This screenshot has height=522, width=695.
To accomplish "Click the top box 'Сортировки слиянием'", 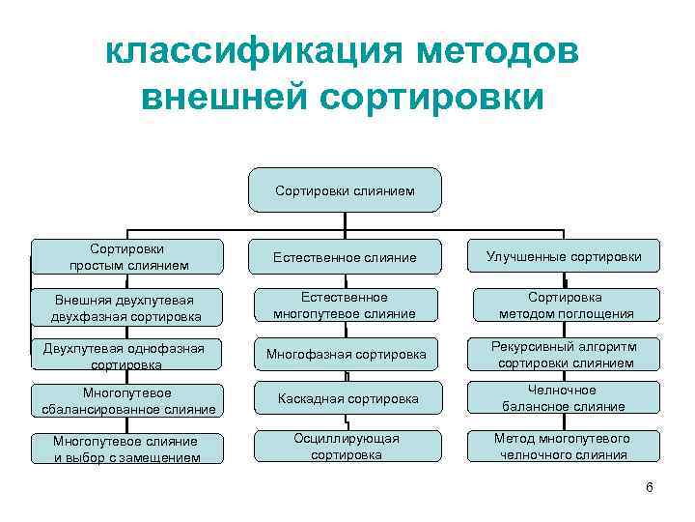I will [x=345, y=190].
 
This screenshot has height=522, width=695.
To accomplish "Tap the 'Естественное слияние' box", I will [x=345, y=257].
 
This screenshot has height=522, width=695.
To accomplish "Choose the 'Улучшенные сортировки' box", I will [x=565, y=257].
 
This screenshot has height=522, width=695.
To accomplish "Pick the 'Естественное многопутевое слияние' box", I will [x=345, y=305].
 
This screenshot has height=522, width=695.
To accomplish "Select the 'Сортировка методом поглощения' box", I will [x=565, y=305].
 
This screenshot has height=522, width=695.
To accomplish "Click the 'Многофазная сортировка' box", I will [x=345, y=355].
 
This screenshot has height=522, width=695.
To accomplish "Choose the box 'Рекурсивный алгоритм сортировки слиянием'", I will [x=565, y=355].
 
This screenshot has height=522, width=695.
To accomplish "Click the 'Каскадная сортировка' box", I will [x=345, y=399].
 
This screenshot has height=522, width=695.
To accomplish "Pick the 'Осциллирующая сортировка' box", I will [x=345, y=446].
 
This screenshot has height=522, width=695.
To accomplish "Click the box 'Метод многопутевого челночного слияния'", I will [x=565, y=446].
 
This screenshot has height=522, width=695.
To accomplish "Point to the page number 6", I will [x=649, y=487].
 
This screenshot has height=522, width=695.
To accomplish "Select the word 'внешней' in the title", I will [x=227, y=98].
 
